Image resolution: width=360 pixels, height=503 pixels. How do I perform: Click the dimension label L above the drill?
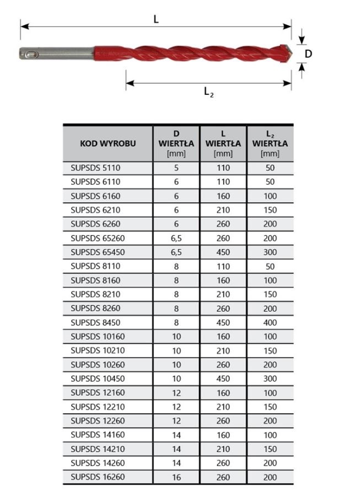156,19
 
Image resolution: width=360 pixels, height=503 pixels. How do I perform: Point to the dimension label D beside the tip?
308,53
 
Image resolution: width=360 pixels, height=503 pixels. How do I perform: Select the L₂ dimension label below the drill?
208,92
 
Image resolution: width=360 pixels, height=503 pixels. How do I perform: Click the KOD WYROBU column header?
108,144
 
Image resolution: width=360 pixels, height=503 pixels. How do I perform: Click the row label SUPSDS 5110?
95,168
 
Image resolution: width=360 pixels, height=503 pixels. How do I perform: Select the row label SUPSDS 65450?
98,252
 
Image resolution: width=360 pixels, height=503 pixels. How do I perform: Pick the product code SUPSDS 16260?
98,478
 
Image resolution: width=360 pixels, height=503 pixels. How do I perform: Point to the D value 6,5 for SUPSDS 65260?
176,239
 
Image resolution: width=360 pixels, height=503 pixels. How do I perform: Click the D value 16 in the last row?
176,478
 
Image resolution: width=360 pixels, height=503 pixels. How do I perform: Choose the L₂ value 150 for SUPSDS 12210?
270,407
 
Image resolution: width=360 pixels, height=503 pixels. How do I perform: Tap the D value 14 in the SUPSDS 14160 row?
176,435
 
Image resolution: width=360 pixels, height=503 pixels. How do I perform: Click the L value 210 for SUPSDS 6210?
223,210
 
